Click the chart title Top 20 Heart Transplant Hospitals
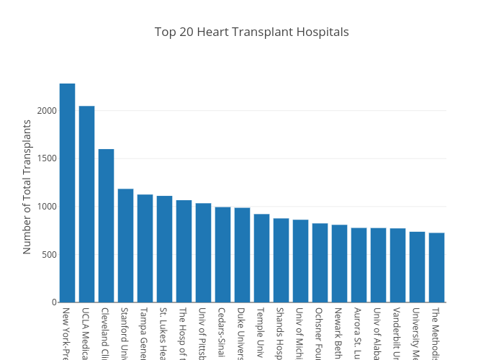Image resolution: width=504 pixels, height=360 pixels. (x=251, y=32)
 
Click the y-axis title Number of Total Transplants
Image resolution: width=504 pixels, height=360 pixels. (x=27, y=186)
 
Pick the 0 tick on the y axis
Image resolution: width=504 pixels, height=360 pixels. (x=53, y=302)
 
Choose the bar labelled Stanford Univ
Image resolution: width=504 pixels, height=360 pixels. (x=125, y=246)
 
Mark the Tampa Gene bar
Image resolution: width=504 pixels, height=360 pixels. (x=145, y=248)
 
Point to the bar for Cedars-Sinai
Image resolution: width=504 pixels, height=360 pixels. (x=222, y=255)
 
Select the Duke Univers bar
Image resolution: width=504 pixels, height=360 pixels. (x=242, y=255)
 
